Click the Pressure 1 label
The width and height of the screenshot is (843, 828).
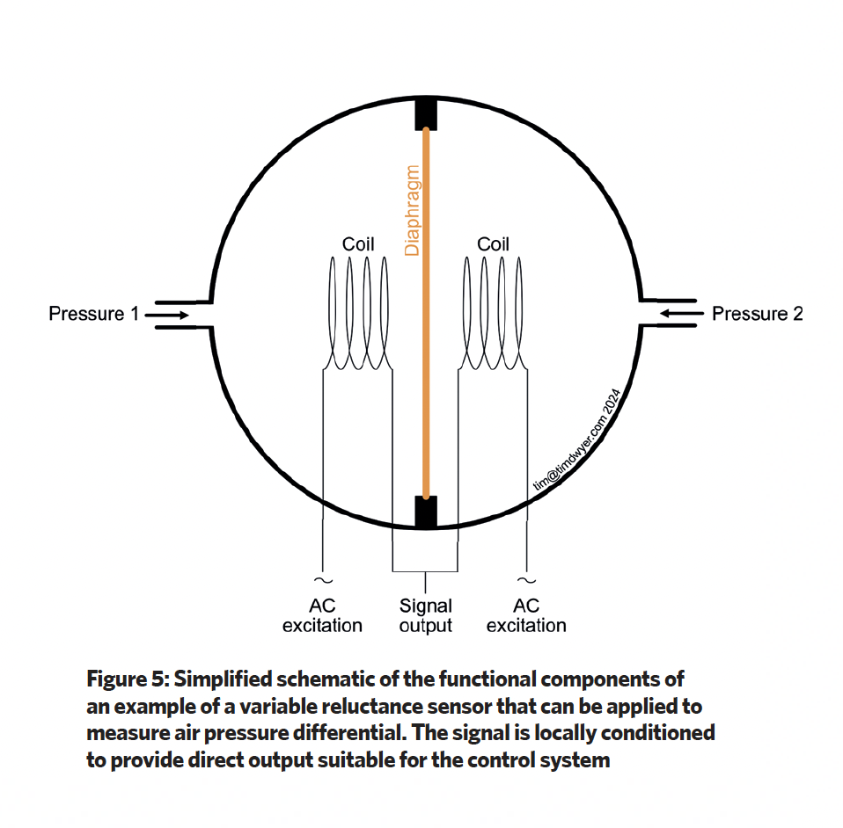click(93, 314)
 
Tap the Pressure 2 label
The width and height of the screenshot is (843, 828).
click(757, 314)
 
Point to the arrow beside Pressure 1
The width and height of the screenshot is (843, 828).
click(166, 315)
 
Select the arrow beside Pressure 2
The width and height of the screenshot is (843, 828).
click(682, 313)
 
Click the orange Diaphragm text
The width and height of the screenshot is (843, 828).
click(412, 210)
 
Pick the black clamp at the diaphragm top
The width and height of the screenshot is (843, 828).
click(426, 114)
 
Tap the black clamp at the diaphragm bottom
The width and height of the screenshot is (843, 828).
click(426, 512)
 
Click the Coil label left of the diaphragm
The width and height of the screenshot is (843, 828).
click(358, 244)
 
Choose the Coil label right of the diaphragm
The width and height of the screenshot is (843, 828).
click(493, 244)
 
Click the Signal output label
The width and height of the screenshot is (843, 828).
click(425, 615)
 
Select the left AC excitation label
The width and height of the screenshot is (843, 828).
click(322, 615)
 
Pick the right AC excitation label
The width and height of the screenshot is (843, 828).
click(526, 615)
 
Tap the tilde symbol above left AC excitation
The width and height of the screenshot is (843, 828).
click(323, 580)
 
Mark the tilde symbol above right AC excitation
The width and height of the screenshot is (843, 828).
click(526, 580)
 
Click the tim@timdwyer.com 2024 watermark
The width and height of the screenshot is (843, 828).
click(577, 439)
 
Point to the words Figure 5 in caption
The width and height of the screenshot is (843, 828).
click(128, 679)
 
